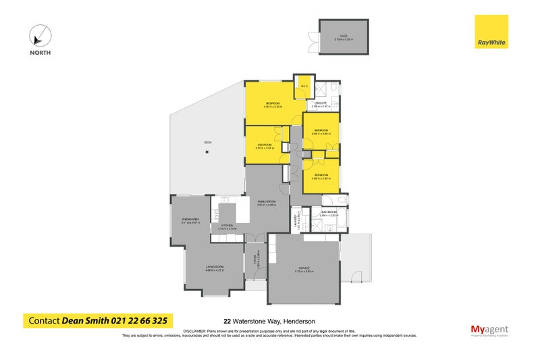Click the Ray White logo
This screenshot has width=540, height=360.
pyautogui.click(x=491, y=32)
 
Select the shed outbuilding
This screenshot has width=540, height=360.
pyautogui.click(x=344, y=36)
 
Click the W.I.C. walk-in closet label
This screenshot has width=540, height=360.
pyautogui.click(x=304, y=86)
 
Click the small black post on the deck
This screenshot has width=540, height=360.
pyautogui.click(x=207, y=153)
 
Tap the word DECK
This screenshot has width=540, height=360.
pyautogui.click(x=208, y=142)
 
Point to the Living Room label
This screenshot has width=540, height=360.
pyautogui.click(x=215, y=268)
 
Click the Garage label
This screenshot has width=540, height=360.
pyautogui.click(x=303, y=269)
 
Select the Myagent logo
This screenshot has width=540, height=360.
pyautogui.click(x=489, y=331)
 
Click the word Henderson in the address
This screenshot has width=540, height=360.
pyautogui.click(x=298, y=322)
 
